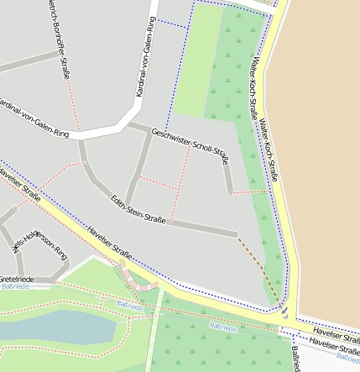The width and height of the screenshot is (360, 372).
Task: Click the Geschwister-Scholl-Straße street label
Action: (190, 144)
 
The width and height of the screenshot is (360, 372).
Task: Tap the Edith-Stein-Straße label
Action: (138, 209)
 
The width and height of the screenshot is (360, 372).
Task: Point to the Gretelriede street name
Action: (17, 278)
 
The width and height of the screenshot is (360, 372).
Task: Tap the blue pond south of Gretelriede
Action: (50, 325)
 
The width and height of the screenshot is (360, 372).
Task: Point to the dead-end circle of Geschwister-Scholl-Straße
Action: (230, 193)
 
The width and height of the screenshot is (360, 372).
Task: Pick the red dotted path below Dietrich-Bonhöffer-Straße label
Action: (74, 105)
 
